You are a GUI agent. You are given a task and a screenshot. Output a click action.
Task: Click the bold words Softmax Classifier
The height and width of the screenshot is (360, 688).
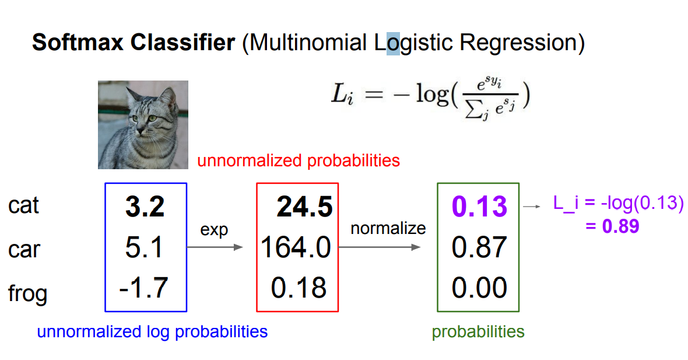point(134,43)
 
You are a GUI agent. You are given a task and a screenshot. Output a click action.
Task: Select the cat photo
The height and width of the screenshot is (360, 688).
point(143,125)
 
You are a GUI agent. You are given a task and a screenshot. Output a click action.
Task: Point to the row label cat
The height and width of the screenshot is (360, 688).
point(23,205)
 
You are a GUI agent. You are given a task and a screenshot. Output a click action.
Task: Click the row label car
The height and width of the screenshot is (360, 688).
point(24,249)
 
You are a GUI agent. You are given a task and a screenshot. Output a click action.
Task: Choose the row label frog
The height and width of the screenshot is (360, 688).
point(27,293)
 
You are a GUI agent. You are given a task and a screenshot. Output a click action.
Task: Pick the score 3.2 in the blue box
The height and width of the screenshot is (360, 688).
point(145,207)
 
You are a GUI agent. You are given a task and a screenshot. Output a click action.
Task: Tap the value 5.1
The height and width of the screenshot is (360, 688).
point(144,247)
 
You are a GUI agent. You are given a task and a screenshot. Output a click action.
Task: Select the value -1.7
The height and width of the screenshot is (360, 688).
point(143,288)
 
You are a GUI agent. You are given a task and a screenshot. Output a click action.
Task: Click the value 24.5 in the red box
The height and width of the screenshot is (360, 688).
point(304,207)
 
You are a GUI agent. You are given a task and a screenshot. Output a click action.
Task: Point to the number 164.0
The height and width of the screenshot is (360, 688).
point(296,247)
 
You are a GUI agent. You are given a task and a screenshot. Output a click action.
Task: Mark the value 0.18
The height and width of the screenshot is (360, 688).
point(299,288)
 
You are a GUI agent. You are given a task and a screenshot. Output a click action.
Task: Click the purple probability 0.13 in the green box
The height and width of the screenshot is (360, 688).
point(479,207)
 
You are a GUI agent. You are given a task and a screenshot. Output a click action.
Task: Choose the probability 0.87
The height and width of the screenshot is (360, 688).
point(479,247)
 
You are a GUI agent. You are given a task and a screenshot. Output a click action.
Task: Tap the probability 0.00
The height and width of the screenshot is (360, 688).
point(479,288)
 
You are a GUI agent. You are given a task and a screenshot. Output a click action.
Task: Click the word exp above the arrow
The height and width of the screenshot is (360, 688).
point(214,230)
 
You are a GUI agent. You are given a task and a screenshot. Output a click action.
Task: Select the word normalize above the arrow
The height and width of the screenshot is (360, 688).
point(388,228)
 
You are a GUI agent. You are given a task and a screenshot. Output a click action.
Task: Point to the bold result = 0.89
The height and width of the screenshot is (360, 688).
point(612,226)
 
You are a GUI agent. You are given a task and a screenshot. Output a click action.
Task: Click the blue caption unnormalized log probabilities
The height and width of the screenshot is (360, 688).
point(152,331)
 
